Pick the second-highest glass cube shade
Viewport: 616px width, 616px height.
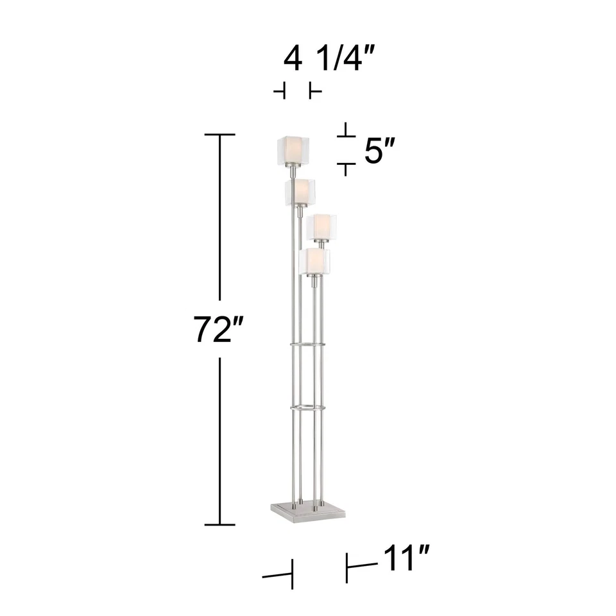coord(299,192)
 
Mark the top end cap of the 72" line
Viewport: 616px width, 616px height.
coord(220,135)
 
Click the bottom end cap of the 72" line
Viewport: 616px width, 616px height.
coord(220,524)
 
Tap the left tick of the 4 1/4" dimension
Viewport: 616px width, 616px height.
coord(280,92)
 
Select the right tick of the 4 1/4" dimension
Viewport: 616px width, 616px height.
coord(314,92)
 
